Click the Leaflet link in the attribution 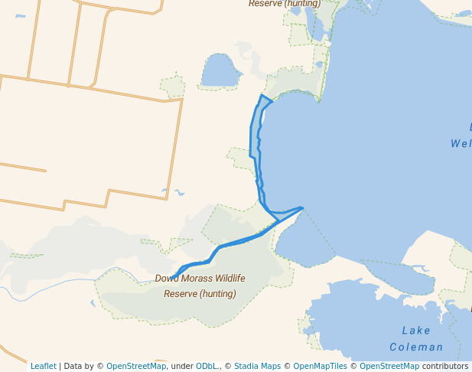coord(43,367)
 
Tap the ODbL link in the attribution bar coord(207,367)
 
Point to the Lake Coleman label coord(416,338)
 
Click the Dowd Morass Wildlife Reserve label coord(200,286)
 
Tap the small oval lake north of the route coord(220,72)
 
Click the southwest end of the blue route coord(173,277)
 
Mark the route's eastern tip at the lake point coord(303,207)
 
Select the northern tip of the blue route coord(262,96)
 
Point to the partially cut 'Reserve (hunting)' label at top coord(285,4)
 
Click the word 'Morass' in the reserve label coord(198,279)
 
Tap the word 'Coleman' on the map coord(416,347)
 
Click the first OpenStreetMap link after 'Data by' coord(135,367)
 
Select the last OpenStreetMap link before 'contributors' coord(389,367)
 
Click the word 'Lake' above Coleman coord(416,331)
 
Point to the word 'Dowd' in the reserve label coord(167,279)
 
